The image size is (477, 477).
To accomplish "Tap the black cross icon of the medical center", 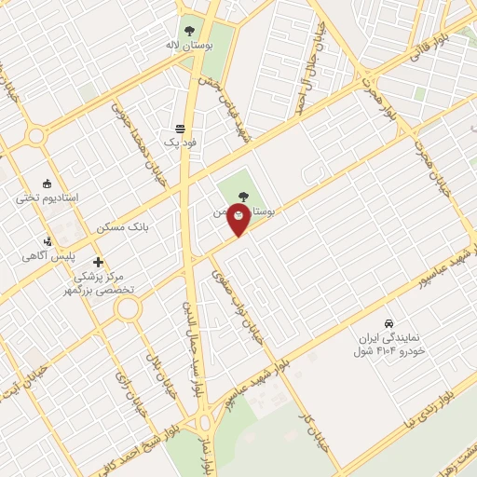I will [99, 262].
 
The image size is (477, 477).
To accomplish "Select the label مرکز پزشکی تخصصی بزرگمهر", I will [105, 283].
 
